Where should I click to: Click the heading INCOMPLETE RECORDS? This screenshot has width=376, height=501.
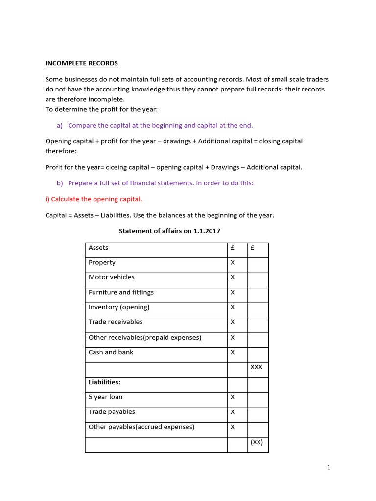pos(82,63)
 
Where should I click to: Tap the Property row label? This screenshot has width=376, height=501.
pos(102,263)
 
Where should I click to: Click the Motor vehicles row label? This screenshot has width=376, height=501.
pos(111,277)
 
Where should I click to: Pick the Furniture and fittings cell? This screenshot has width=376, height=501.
pos(121,293)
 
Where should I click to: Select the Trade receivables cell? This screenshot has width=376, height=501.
pos(116,322)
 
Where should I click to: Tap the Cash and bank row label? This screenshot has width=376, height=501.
pos(111,352)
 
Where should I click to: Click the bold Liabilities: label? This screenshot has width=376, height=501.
pos(104,382)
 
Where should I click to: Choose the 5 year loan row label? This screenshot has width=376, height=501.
pos(106,397)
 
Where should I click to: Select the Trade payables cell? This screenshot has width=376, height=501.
pos(112,412)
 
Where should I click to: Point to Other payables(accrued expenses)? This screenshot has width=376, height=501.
pos(141,427)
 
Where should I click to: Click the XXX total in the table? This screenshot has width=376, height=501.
pos(256,367)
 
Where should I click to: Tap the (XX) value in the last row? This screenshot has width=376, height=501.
pos(257,442)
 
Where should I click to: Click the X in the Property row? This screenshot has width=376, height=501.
pos(233,263)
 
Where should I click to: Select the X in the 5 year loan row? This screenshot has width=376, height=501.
pos(233,397)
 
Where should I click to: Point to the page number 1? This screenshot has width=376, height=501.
pos(329,468)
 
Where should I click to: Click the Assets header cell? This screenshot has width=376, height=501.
pos(98,248)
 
